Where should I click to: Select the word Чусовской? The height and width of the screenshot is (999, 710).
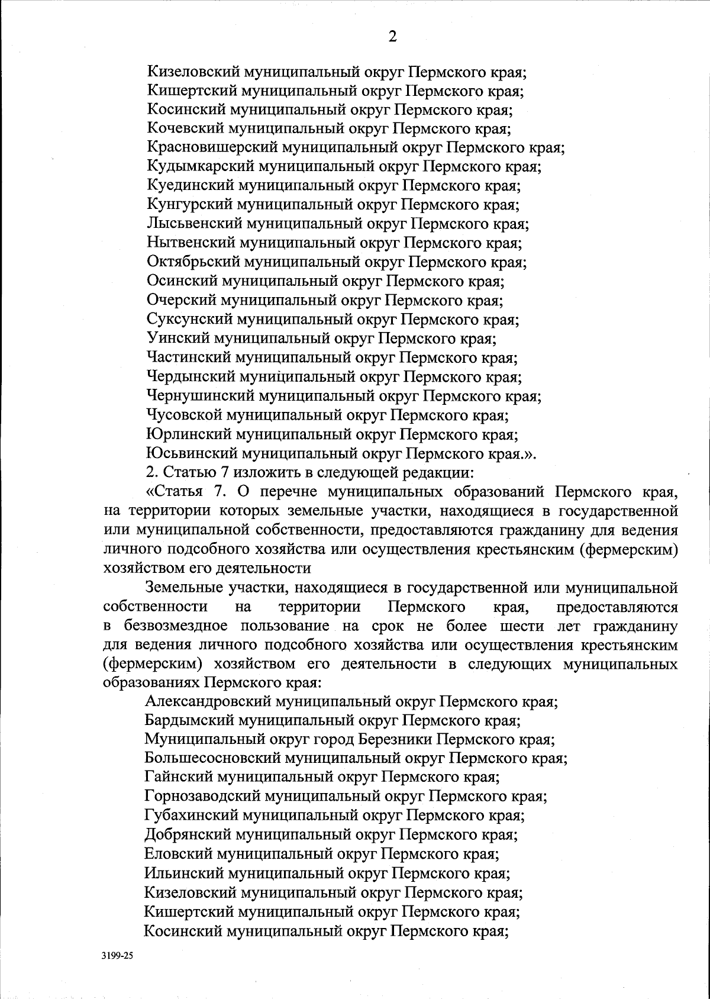pyautogui.click(x=184, y=415)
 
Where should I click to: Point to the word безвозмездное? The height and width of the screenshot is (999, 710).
pyautogui.click(x=177, y=626)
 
